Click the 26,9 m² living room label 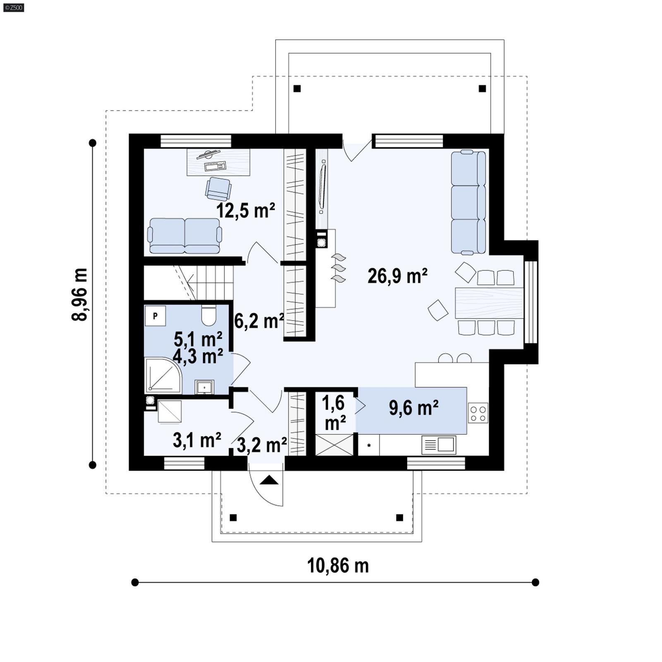(x=397, y=276)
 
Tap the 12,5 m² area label (x=245, y=211)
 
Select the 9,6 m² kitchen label (x=413, y=408)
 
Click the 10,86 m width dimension (x=338, y=565)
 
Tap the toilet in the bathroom (x=209, y=315)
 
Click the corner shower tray (x=163, y=375)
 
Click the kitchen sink (x=439, y=445)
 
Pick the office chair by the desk (x=218, y=188)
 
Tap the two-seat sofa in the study (x=185, y=236)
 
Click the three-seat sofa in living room (x=468, y=202)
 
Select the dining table (x=489, y=303)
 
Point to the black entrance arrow (x=269, y=480)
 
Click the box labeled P (x=155, y=316)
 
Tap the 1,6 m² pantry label (x=334, y=413)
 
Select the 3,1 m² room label (x=197, y=440)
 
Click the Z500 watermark (x=13, y=7)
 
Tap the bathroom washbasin (x=204, y=387)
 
